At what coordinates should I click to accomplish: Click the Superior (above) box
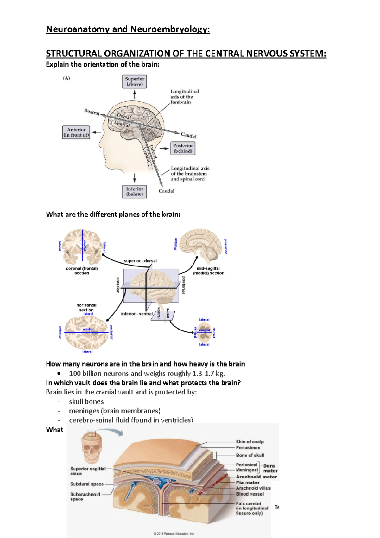pos(134,82)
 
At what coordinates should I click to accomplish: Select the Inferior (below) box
pos(134,192)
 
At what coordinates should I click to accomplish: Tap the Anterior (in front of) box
pos(76,132)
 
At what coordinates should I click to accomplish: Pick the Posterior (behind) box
pos(183,148)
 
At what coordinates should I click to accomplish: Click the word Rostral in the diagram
pos(92,112)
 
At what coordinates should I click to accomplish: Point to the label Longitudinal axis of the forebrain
pos(185,97)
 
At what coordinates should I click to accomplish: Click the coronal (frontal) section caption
pos(82,271)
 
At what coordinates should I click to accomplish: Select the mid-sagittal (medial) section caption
pos(208,271)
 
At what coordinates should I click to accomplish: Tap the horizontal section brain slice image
pos(87,333)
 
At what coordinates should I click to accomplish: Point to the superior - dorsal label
pos(140,261)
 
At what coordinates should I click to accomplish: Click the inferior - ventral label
pos(137,314)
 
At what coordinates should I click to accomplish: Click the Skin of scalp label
pos(250,441)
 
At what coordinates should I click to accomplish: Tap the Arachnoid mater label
pos(256,477)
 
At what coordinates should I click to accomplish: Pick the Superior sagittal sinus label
pos(88,471)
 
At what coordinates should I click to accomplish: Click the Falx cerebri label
pos(249,503)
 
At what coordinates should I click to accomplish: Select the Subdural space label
pos(87,484)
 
